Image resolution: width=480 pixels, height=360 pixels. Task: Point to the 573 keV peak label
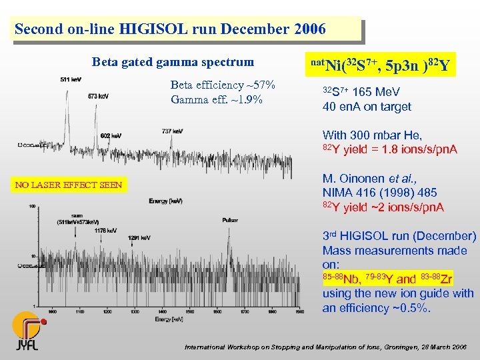click(x=99, y=96)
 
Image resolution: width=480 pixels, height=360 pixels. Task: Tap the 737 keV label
click(x=172, y=131)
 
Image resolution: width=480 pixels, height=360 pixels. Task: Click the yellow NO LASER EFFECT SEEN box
click(x=69, y=185)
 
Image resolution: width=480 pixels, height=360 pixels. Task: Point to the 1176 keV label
click(x=105, y=231)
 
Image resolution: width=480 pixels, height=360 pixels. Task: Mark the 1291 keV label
click(x=139, y=237)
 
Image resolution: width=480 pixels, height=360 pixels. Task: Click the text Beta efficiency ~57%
click(x=223, y=85)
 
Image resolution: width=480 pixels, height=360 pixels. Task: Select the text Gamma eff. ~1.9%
click(x=217, y=100)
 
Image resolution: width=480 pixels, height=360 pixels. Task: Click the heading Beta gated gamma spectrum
click(x=173, y=62)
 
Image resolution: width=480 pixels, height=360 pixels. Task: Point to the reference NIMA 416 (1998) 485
click(x=379, y=193)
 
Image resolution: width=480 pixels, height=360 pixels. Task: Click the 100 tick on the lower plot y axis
click(x=32, y=207)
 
